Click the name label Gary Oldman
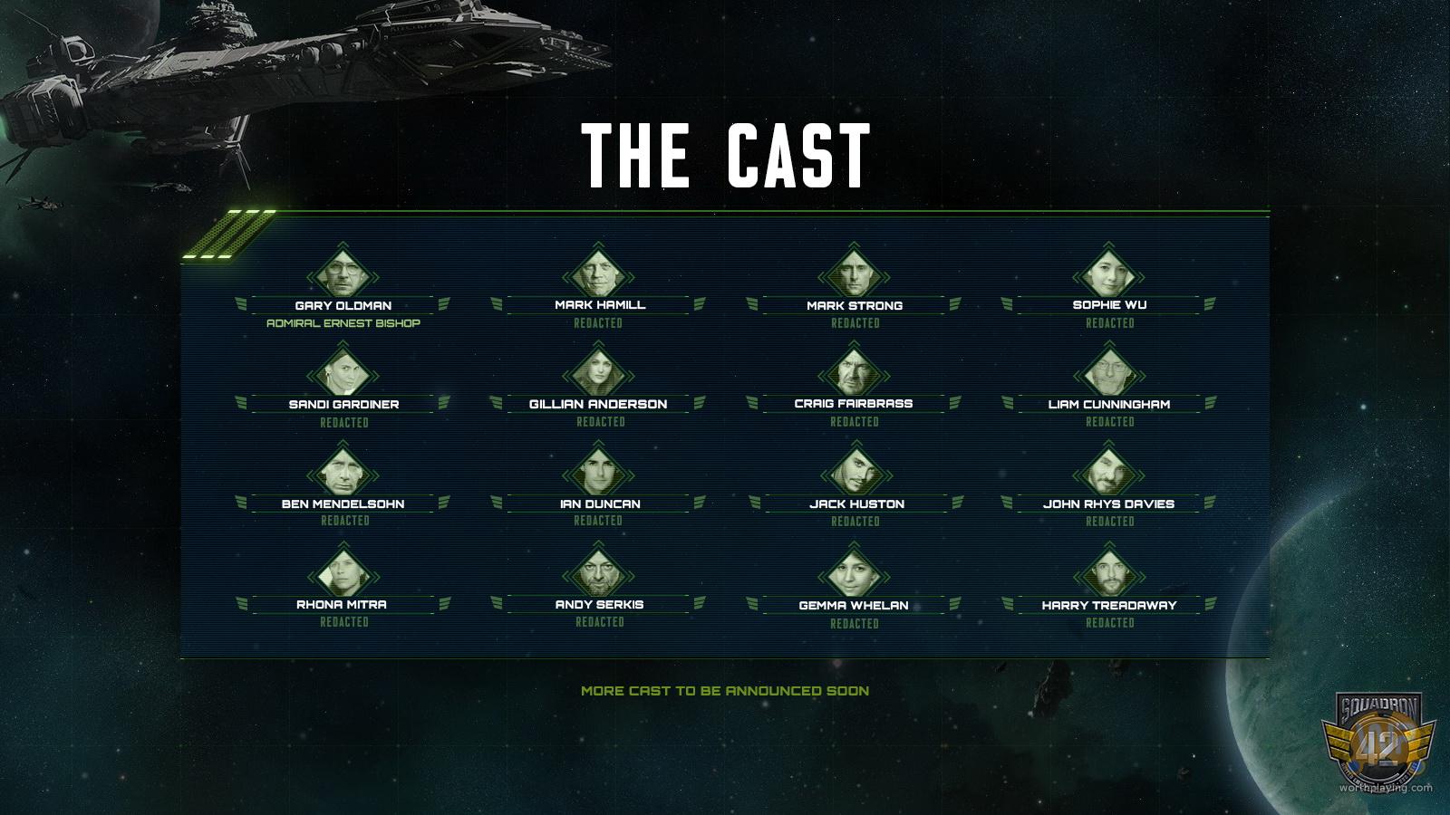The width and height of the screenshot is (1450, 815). [343, 305]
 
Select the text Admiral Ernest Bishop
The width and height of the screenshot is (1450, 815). [343, 323]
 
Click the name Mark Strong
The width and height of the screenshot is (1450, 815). [855, 305]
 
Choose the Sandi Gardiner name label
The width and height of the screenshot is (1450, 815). [343, 404]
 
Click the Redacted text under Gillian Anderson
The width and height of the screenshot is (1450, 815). [600, 422]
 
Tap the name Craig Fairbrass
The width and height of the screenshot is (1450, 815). [854, 403]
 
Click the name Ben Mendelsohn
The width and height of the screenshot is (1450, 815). [343, 503]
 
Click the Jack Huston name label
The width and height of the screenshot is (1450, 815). [856, 503]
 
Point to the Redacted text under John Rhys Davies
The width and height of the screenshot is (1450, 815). [1110, 522]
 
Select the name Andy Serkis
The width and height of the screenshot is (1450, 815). [599, 604]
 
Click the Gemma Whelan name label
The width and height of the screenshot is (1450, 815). [854, 605]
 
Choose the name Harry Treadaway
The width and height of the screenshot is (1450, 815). [1109, 605]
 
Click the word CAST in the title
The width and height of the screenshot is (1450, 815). [798, 155]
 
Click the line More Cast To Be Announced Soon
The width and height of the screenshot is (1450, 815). [725, 691]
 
